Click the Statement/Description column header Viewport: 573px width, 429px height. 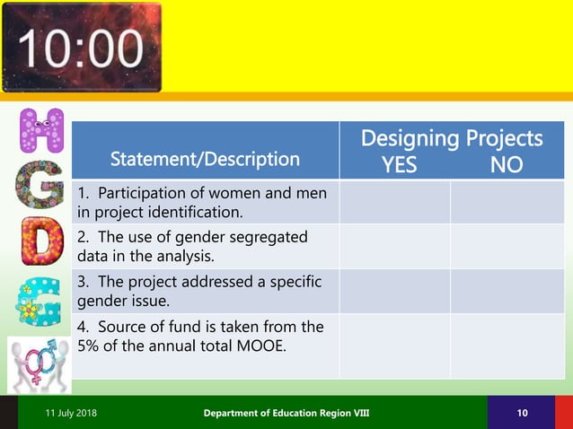(205, 160)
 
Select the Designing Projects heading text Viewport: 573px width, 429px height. (451, 138)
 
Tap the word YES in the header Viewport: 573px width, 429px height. (399, 165)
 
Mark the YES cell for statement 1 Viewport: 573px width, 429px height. (394, 202)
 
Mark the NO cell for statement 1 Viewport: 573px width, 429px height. (507, 202)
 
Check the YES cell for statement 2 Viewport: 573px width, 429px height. (394, 246)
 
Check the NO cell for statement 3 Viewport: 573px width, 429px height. (507, 290)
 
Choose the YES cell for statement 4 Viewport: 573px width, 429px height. (394, 345)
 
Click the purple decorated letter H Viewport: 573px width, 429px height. (41, 133)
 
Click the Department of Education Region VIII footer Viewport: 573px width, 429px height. (286, 412)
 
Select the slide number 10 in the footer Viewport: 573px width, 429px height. (522, 412)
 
